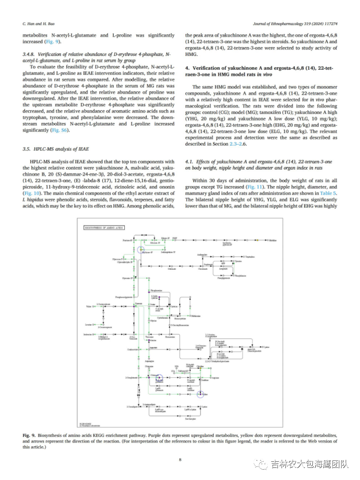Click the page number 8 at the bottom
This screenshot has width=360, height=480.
180,460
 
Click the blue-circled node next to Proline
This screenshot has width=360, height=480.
200,394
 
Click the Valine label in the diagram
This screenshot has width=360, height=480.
88,307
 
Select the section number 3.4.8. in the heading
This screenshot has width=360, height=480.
30,54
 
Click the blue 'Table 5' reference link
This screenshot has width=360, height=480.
328,193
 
